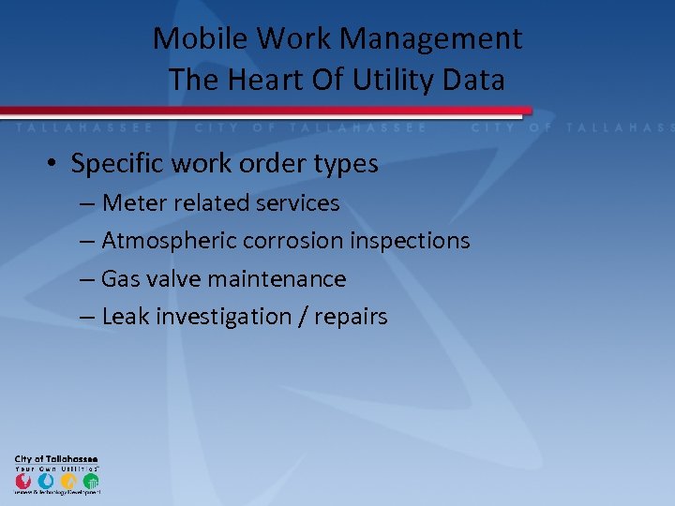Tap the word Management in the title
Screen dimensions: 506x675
pos(430,39)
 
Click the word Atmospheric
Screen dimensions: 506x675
pos(169,241)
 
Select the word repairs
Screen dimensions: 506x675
pos(351,317)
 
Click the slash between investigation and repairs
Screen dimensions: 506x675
pos(304,317)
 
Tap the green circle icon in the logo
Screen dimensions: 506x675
pos(91,481)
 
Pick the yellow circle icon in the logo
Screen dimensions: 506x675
pos(68,481)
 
